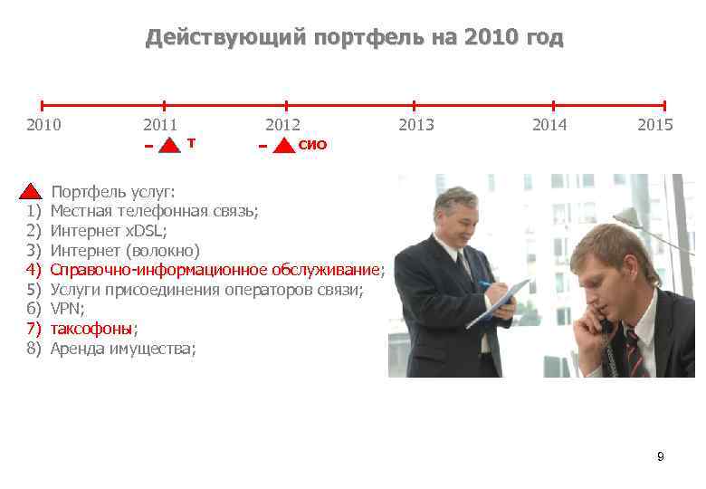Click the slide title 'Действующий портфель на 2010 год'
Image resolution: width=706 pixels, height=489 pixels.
354,38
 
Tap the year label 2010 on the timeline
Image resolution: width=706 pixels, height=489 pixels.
43,125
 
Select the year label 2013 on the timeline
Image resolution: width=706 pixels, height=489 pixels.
416,125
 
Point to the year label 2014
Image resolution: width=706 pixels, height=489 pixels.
549,125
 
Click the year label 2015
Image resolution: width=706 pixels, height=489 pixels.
654,125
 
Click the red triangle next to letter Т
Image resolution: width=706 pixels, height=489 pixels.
169,146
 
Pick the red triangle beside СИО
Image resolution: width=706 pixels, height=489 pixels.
284,146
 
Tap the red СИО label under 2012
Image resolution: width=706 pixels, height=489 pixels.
312,145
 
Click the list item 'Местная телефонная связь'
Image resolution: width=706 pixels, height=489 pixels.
154,211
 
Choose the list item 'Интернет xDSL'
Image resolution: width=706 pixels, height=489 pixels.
109,231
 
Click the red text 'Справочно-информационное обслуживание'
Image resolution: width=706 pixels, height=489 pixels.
214,270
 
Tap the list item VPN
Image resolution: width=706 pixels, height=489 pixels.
67,309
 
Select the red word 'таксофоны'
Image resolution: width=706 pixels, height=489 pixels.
91,328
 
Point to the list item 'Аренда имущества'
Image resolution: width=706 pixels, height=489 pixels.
121,348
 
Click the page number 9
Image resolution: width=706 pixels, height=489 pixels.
660,456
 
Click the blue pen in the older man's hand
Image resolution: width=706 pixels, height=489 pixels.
487,284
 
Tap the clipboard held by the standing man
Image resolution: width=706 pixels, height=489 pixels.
498,304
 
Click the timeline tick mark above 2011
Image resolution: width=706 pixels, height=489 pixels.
164,106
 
